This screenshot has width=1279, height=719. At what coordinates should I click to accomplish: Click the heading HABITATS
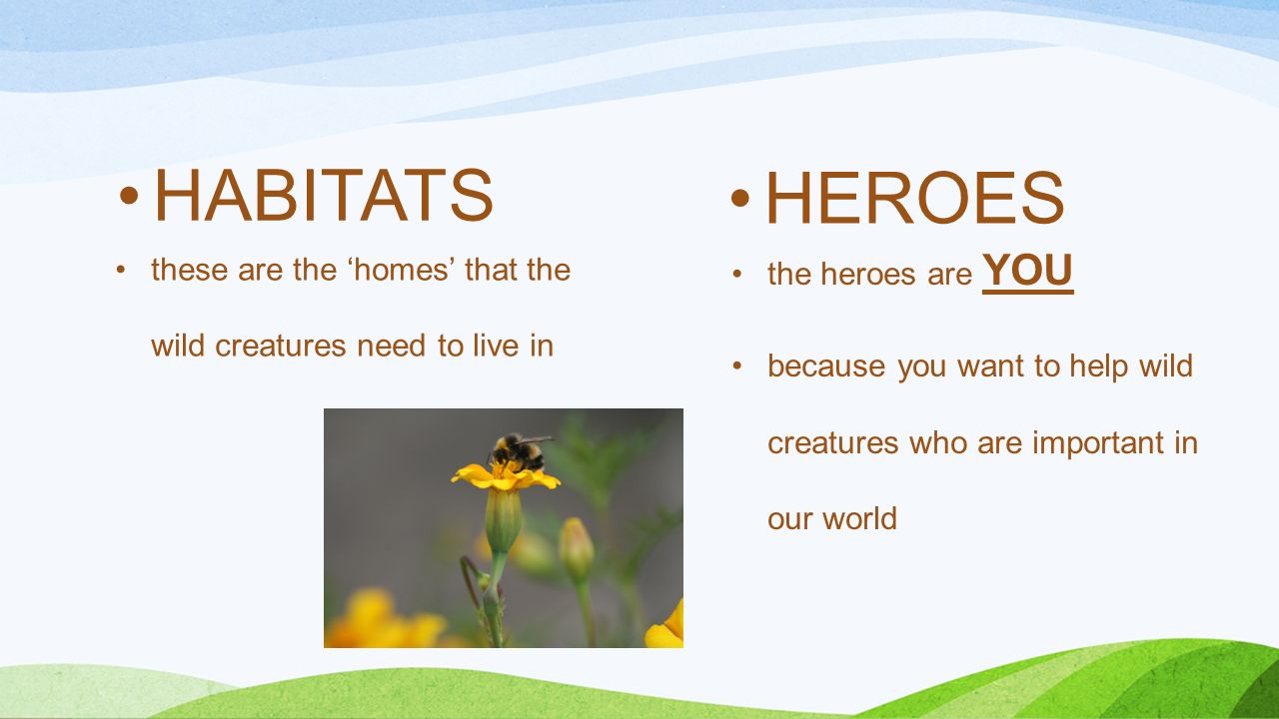(324, 195)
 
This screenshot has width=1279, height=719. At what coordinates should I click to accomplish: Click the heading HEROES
(915, 198)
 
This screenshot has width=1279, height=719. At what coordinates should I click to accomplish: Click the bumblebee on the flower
(519, 452)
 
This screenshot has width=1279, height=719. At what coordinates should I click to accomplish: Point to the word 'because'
(826, 365)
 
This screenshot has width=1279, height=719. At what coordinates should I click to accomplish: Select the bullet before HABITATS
(129, 195)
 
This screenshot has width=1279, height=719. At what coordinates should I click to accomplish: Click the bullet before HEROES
(740, 198)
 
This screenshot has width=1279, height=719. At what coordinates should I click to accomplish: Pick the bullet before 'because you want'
(737, 365)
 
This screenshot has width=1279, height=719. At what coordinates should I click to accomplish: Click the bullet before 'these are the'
(121, 270)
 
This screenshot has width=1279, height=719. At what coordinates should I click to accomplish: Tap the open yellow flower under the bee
(505, 477)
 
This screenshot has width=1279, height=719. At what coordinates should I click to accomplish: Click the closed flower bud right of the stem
(577, 548)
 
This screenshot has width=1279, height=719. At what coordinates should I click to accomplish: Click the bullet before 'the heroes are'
(737, 274)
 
